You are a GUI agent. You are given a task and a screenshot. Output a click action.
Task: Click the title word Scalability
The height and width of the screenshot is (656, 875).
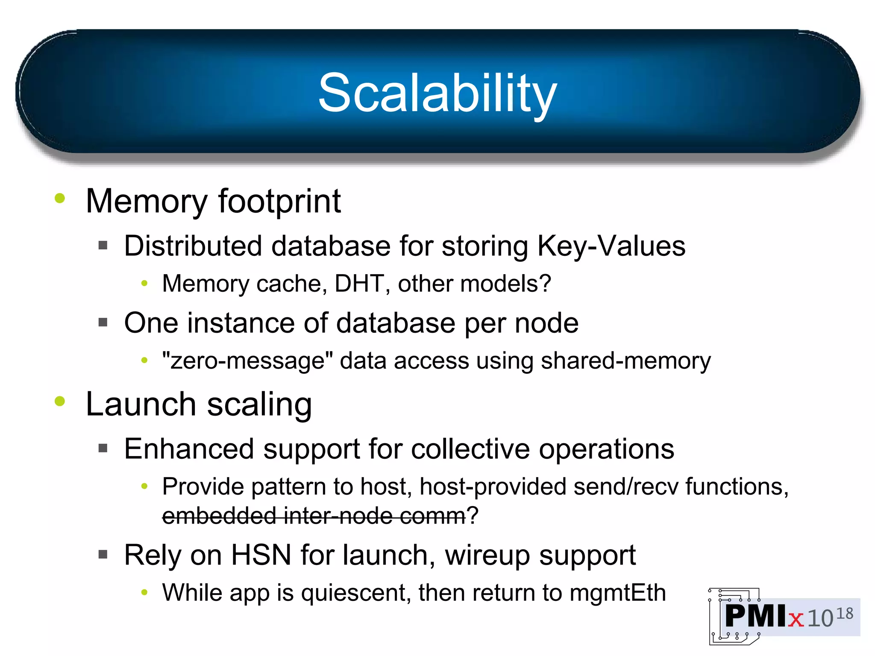437,93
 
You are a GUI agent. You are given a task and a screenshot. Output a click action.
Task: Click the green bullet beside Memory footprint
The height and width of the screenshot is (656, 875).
60,198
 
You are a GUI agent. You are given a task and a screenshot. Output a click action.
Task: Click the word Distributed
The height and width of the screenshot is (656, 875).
193,246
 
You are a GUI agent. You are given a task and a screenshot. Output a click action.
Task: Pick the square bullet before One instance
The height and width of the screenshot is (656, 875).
103,322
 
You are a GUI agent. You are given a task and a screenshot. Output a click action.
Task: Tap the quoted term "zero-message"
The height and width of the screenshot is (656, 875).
247,360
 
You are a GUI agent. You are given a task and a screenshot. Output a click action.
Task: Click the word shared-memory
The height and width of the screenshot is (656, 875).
626,361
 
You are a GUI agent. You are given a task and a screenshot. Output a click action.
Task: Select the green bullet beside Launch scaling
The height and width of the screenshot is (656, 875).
60,401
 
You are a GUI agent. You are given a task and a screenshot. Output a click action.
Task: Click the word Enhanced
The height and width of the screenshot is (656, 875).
189,449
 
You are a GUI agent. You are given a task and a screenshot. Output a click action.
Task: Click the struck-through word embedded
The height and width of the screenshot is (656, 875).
219,515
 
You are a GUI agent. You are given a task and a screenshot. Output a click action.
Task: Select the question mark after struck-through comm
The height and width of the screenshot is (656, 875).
473,515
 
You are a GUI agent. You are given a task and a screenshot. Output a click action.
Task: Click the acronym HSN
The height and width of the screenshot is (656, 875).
261,555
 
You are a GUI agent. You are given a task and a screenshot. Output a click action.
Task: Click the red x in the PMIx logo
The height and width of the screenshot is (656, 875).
796,619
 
